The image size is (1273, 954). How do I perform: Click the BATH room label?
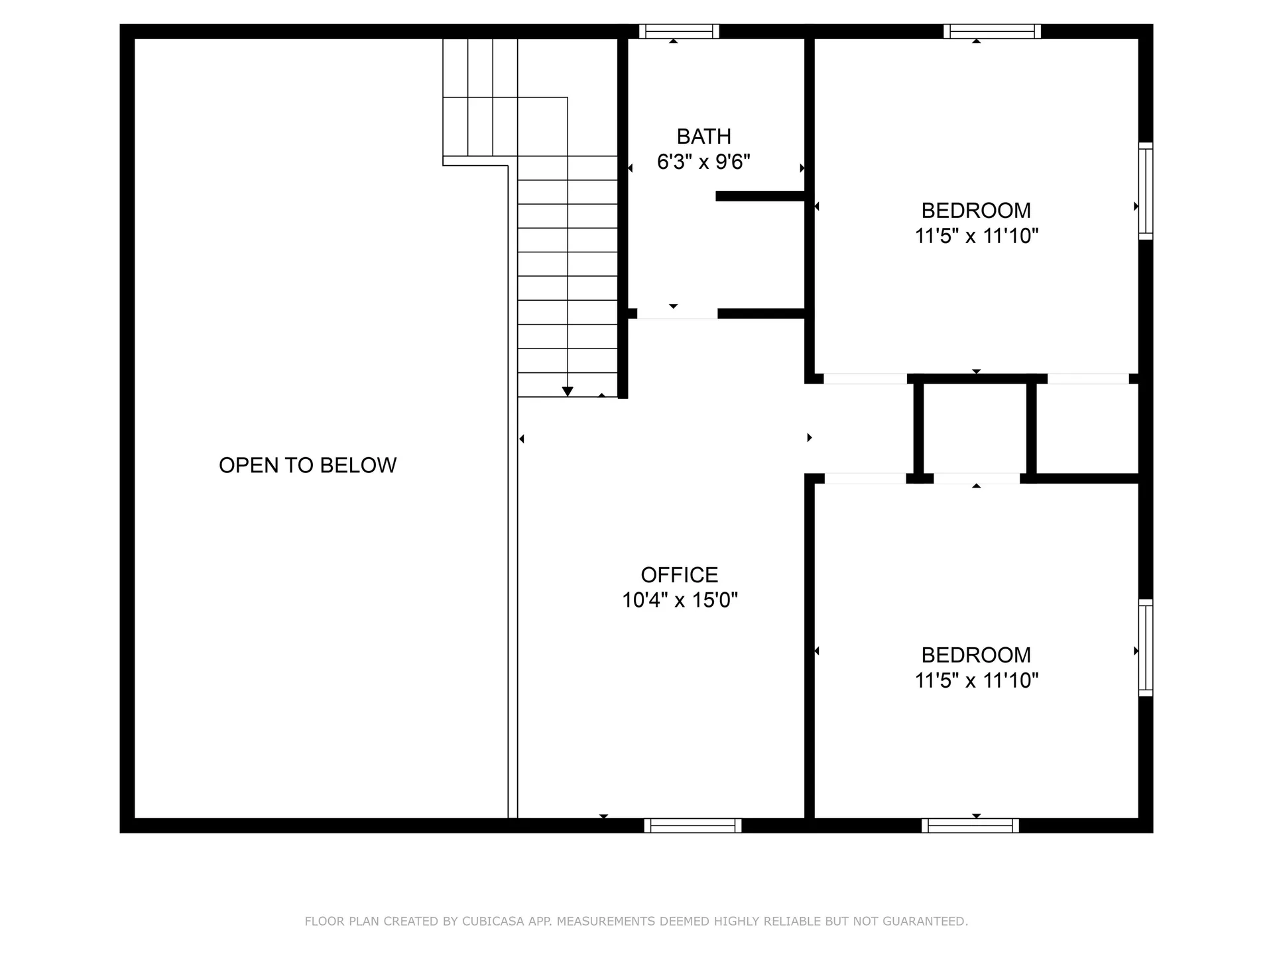(x=703, y=136)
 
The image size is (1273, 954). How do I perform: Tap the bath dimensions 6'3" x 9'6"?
(x=703, y=162)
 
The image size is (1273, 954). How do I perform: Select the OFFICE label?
(x=679, y=574)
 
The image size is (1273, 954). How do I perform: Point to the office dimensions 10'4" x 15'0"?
(x=679, y=600)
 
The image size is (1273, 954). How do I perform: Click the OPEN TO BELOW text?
(x=308, y=465)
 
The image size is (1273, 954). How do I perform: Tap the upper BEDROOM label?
(x=976, y=211)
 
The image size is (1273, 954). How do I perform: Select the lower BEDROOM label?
(x=976, y=655)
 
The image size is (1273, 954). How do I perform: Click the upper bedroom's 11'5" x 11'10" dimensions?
(x=976, y=236)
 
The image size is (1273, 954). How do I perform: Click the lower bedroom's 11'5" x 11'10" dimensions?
(x=976, y=680)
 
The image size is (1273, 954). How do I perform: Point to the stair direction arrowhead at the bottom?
(x=568, y=392)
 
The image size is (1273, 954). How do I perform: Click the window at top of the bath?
(x=679, y=31)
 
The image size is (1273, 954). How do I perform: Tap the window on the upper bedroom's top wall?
(x=992, y=31)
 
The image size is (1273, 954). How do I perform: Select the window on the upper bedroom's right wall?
(x=1146, y=191)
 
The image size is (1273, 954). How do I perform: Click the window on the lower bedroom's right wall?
(x=1146, y=647)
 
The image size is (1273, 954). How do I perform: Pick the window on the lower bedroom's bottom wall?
(x=970, y=825)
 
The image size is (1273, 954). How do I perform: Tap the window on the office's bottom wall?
(x=692, y=825)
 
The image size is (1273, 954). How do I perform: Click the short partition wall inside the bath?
(x=760, y=196)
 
